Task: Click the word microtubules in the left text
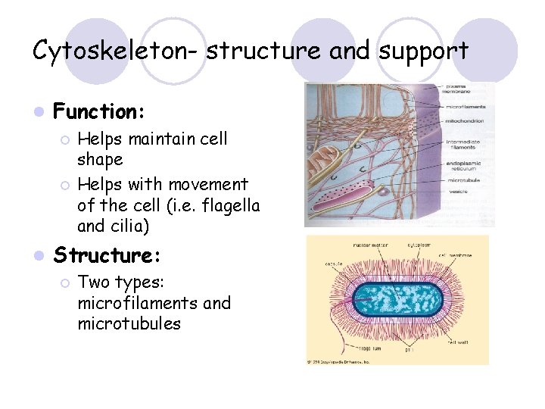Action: click(x=129, y=323)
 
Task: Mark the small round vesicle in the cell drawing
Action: click(x=384, y=192)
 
